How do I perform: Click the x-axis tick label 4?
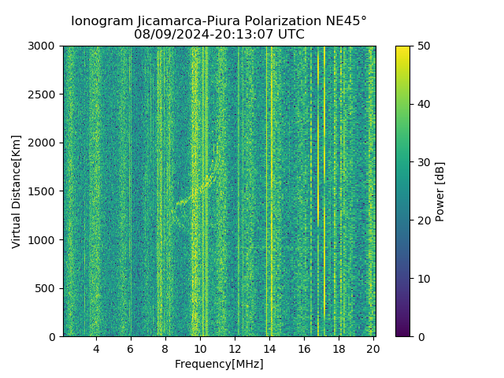96,349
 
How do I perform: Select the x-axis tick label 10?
200,349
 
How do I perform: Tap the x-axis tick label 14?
269,349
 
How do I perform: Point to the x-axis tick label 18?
339,349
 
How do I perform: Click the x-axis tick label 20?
372,349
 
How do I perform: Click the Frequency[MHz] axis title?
219,364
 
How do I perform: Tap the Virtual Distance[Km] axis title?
17,191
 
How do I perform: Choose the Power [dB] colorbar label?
440,191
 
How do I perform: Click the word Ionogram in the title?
100,21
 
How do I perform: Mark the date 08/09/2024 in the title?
166,35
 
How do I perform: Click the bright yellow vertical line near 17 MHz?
324,189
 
